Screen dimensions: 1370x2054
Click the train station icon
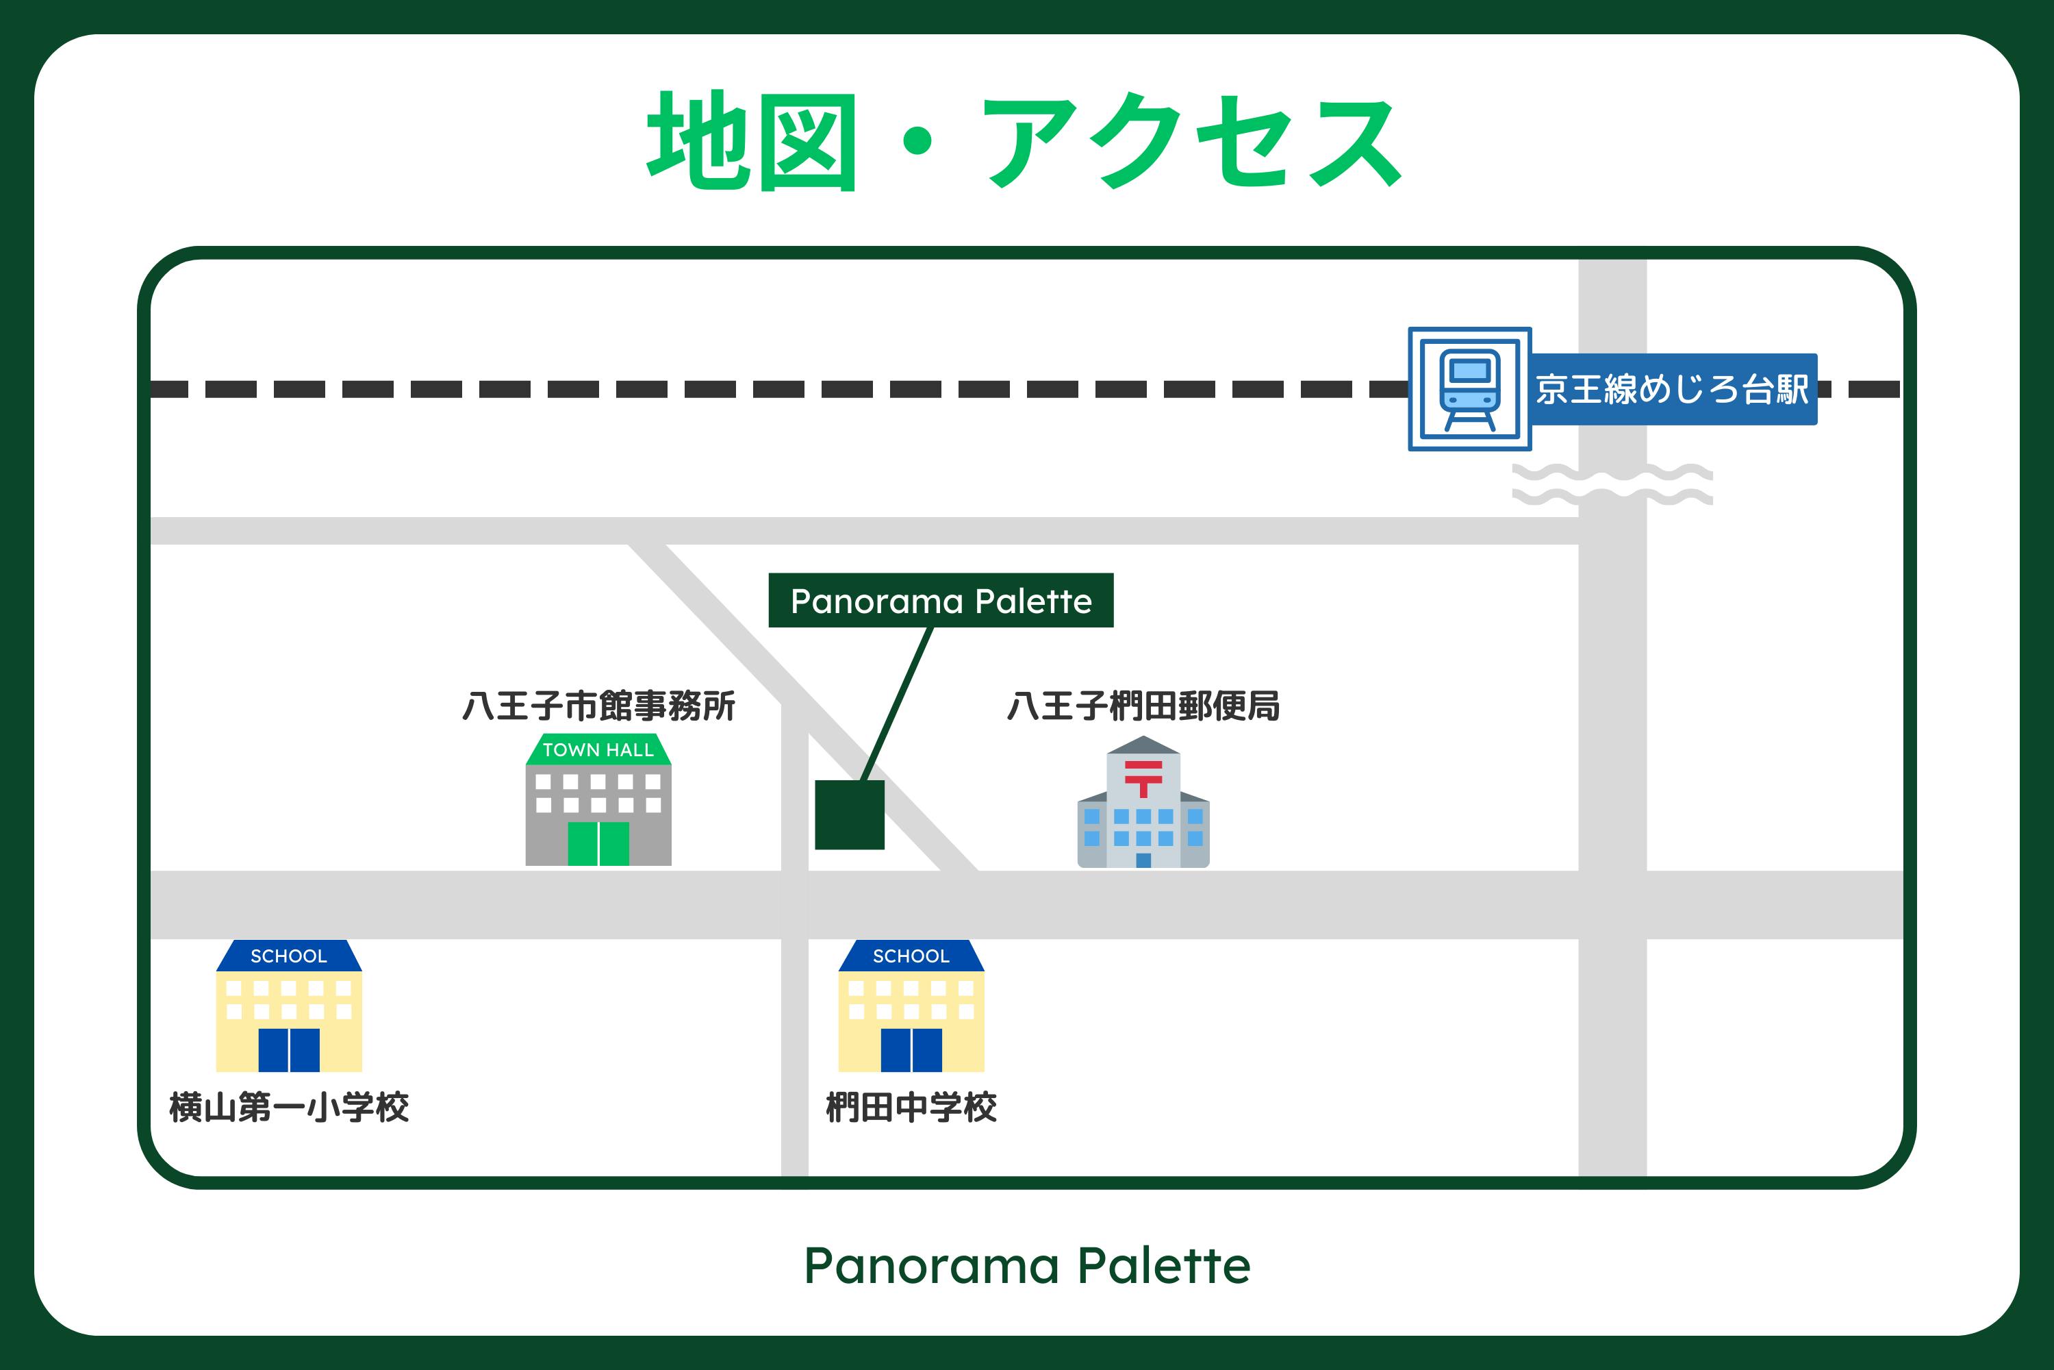tap(1470, 389)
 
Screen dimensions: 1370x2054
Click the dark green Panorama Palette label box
tap(941, 600)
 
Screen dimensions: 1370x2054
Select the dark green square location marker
tap(850, 814)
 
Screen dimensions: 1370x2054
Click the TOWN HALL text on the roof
tap(598, 749)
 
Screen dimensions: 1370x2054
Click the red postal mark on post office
tap(1143, 777)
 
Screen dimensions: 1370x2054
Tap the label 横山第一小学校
tap(289, 1107)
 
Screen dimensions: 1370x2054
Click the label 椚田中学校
tap(911, 1107)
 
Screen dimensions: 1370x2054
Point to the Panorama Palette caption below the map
tap(1027, 1265)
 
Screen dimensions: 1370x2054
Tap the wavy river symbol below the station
tap(1612, 485)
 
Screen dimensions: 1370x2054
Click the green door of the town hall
tap(598, 843)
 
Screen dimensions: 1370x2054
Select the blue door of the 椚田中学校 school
tap(911, 1049)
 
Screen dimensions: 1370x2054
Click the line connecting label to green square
tap(898, 703)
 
